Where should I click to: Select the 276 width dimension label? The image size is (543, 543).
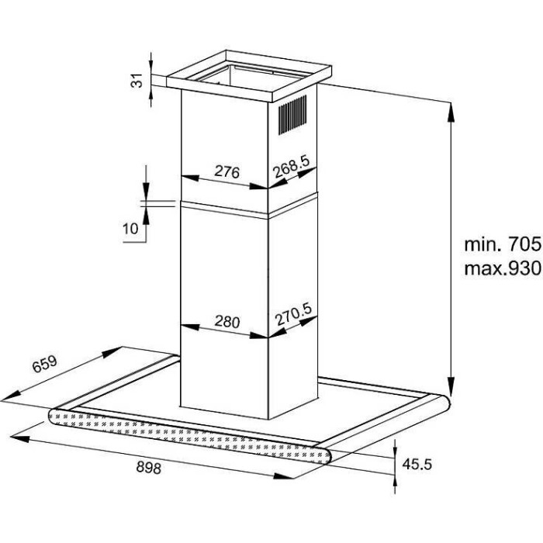(224, 171)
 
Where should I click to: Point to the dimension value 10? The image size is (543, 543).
(130, 228)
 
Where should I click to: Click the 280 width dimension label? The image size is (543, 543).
(224, 321)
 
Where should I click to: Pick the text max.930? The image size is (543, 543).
(501, 269)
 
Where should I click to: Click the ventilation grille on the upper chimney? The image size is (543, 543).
(292, 117)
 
